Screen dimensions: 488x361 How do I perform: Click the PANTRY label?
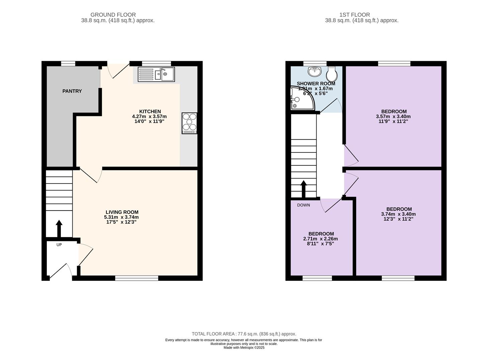[72, 91]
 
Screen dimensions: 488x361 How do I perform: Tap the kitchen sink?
[156, 74]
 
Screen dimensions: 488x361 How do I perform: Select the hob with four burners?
[189, 123]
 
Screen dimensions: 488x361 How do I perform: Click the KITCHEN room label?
[150, 111]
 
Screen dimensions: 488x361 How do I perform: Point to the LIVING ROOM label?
[122, 212]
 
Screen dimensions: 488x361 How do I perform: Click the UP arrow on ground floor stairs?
[59, 229]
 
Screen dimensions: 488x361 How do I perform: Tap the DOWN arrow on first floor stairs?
[303, 189]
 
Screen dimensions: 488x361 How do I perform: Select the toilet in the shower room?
[332, 74]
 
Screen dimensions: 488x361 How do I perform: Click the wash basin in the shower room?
[315, 71]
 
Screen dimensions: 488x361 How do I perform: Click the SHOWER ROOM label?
[316, 84]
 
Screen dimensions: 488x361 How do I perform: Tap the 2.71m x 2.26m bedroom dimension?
[320, 239]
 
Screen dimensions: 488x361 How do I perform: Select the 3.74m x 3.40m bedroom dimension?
[398, 214]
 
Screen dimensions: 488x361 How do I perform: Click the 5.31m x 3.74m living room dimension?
[121, 217]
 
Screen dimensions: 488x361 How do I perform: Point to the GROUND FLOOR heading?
[113, 15]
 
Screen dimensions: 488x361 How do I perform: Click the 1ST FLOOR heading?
[355, 15]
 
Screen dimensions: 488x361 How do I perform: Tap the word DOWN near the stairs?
[303, 205]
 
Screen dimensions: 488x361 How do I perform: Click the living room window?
[137, 278]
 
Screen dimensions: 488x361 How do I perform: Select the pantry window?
[68, 64]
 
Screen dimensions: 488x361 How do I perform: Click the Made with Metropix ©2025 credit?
[244, 348]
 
